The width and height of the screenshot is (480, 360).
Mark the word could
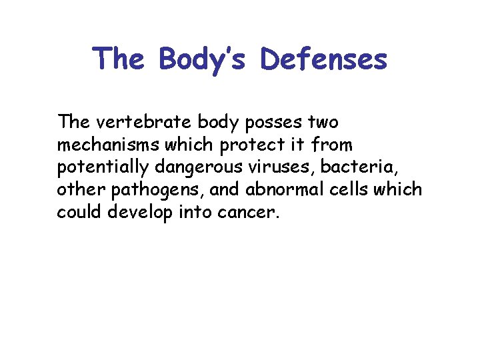tap(78, 213)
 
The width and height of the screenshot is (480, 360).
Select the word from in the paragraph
tap(335, 145)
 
